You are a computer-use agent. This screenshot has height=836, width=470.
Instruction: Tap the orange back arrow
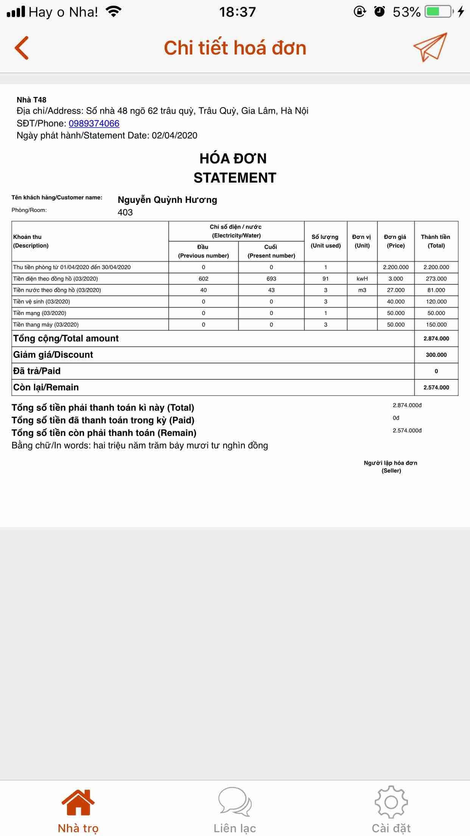[22, 48]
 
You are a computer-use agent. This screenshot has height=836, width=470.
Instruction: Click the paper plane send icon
[430, 47]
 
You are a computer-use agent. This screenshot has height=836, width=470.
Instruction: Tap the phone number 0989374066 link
[94, 123]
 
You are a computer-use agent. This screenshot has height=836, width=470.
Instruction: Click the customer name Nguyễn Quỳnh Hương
[167, 200]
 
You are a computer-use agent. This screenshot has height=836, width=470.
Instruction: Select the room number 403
[125, 212]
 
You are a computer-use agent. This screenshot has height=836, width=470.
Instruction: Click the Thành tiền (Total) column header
[436, 241]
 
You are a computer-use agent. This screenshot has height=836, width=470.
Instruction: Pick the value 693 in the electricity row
[271, 279]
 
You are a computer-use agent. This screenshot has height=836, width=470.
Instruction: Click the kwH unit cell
[362, 279]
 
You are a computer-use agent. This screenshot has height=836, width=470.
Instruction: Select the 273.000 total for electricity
[436, 279]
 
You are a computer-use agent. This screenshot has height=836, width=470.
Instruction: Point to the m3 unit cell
[362, 290]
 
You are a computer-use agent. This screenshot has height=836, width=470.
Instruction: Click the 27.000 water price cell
[396, 290]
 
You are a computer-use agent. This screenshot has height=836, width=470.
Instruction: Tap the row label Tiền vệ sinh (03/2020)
[42, 302]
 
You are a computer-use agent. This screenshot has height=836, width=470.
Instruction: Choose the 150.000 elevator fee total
[436, 324]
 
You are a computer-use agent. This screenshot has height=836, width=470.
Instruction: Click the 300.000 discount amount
[436, 355]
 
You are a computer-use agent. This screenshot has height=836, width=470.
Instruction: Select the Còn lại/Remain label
[46, 387]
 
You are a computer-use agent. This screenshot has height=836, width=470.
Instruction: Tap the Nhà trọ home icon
[78, 802]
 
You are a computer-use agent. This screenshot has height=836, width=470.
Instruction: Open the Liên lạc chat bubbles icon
[235, 802]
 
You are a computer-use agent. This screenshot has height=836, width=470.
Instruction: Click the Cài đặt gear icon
[391, 802]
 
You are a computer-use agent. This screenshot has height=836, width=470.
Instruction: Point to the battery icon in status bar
[439, 12]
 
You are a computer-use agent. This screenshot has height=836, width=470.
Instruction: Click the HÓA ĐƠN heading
[233, 159]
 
